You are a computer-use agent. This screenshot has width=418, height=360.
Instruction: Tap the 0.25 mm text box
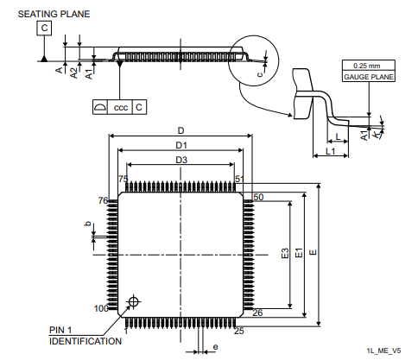(x=369, y=66)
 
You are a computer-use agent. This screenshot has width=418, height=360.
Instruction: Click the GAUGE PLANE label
(x=369, y=77)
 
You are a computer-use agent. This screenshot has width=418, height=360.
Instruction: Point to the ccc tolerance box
(x=120, y=107)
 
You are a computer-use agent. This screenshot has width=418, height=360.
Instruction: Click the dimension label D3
(x=181, y=161)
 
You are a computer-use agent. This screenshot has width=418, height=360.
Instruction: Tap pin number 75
(x=123, y=179)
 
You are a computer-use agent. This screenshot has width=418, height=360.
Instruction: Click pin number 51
(x=239, y=179)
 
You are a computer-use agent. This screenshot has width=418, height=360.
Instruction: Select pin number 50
(x=257, y=198)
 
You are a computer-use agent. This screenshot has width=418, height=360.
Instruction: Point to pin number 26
(x=257, y=313)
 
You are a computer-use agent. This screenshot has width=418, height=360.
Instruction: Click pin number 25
(x=239, y=331)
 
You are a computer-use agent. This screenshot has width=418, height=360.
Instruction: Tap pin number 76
(x=103, y=200)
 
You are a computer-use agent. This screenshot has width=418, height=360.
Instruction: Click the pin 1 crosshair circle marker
(x=133, y=301)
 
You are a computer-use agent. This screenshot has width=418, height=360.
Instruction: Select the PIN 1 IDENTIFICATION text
(x=85, y=336)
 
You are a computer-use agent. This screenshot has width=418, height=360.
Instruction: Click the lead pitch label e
(x=215, y=348)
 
